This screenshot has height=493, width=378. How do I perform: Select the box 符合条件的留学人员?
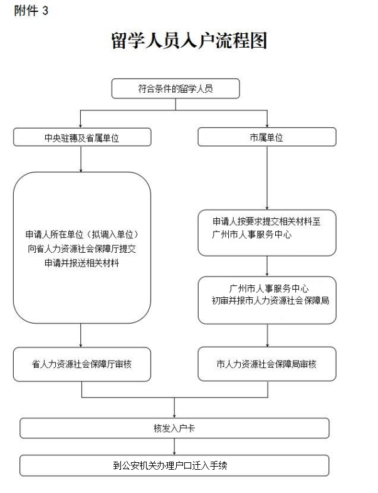[x=176, y=88]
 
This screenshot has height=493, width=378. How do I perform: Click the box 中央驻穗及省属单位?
[x=82, y=137]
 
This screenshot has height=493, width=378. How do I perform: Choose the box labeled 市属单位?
[x=267, y=137]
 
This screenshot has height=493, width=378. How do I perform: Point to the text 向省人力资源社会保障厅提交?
[x=82, y=248]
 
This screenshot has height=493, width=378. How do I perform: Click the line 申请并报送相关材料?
[x=82, y=263]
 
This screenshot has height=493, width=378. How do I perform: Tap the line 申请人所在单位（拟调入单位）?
[x=82, y=234]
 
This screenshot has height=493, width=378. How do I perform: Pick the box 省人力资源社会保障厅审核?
[x=82, y=364]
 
